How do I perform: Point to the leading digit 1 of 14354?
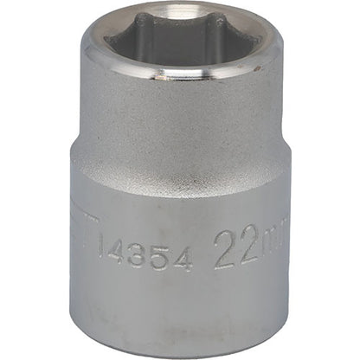pyautogui.click(x=106, y=254)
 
